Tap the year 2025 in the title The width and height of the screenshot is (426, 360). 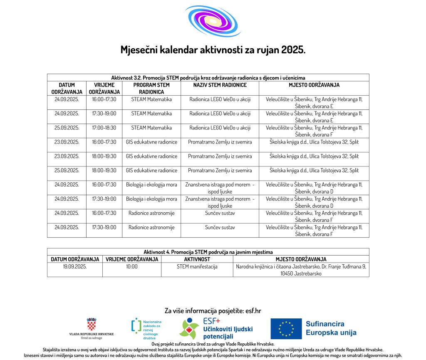click(293, 50)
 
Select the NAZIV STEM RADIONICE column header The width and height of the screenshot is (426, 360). click(220, 85)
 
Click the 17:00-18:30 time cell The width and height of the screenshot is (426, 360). click(104, 128)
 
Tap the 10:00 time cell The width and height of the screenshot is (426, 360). click(132, 266)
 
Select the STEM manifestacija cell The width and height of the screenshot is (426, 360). click(197, 266)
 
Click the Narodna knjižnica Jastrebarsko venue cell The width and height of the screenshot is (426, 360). click(301, 270)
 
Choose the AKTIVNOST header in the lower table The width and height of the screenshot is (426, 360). click(197, 259)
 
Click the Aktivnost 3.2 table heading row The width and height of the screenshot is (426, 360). click(208, 78)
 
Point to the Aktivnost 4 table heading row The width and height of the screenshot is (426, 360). click(208, 252)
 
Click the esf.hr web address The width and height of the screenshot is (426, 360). click(250, 310)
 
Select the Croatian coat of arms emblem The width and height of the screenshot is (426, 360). click(92, 324)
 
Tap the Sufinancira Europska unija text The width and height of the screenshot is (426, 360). click(331, 328)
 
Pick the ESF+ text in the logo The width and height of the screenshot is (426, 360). click(211, 321)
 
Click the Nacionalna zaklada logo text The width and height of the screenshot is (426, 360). click(152, 330)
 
